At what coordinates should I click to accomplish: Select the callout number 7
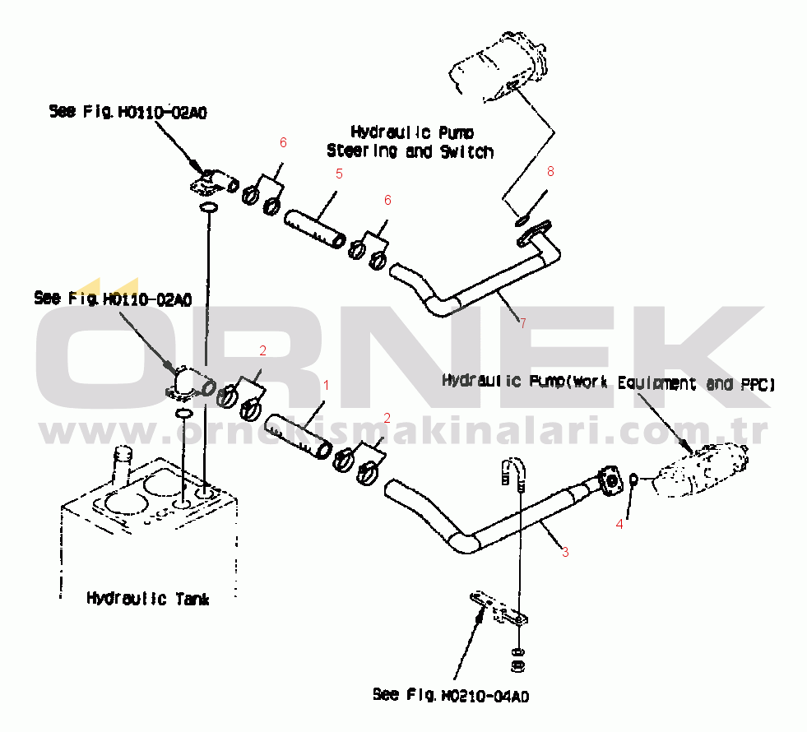click(522, 322)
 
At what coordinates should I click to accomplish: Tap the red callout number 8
click(550, 171)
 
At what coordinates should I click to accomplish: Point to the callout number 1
click(326, 384)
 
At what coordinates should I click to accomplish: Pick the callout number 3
click(565, 553)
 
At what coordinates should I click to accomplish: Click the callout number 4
click(620, 522)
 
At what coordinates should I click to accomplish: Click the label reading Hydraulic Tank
click(148, 599)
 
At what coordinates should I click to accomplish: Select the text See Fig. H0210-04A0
click(450, 696)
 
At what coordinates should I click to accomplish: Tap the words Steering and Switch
click(410, 151)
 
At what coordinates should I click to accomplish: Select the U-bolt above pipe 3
click(511, 470)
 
